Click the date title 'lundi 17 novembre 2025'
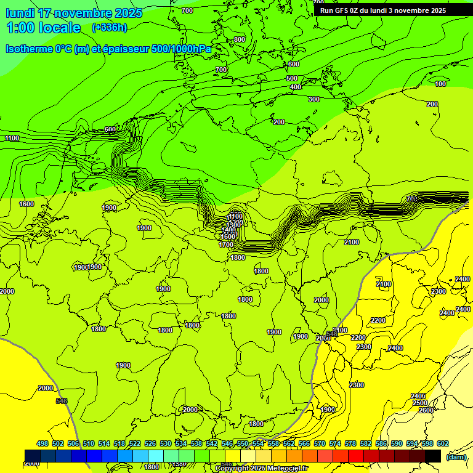point(74,13)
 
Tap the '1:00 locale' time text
point(44,28)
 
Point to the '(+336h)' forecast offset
point(109,27)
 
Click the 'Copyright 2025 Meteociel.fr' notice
point(261,469)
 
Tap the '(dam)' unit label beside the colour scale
point(456,457)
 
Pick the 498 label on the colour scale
point(42,443)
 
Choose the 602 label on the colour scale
point(443,443)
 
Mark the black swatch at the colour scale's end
point(433,456)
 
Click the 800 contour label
point(240,39)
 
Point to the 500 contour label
point(292,78)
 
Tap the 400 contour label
point(296,87)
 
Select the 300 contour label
point(314,99)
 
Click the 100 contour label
point(440,84)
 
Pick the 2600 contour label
point(426,410)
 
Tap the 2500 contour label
point(420,403)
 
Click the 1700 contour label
point(226,245)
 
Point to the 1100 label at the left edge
point(12,138)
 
